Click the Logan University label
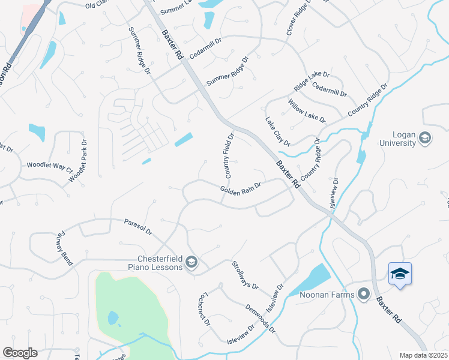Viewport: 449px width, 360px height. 398,139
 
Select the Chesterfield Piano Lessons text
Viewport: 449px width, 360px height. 155,263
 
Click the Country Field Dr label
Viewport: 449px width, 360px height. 228,155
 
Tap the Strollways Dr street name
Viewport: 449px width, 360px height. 245,275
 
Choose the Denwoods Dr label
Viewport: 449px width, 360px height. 261,319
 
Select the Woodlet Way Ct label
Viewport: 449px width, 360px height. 49,167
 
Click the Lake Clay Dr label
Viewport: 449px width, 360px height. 278,131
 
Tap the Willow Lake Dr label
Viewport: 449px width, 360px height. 307,112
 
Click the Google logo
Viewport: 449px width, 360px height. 20,353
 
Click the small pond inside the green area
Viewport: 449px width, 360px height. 112,317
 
